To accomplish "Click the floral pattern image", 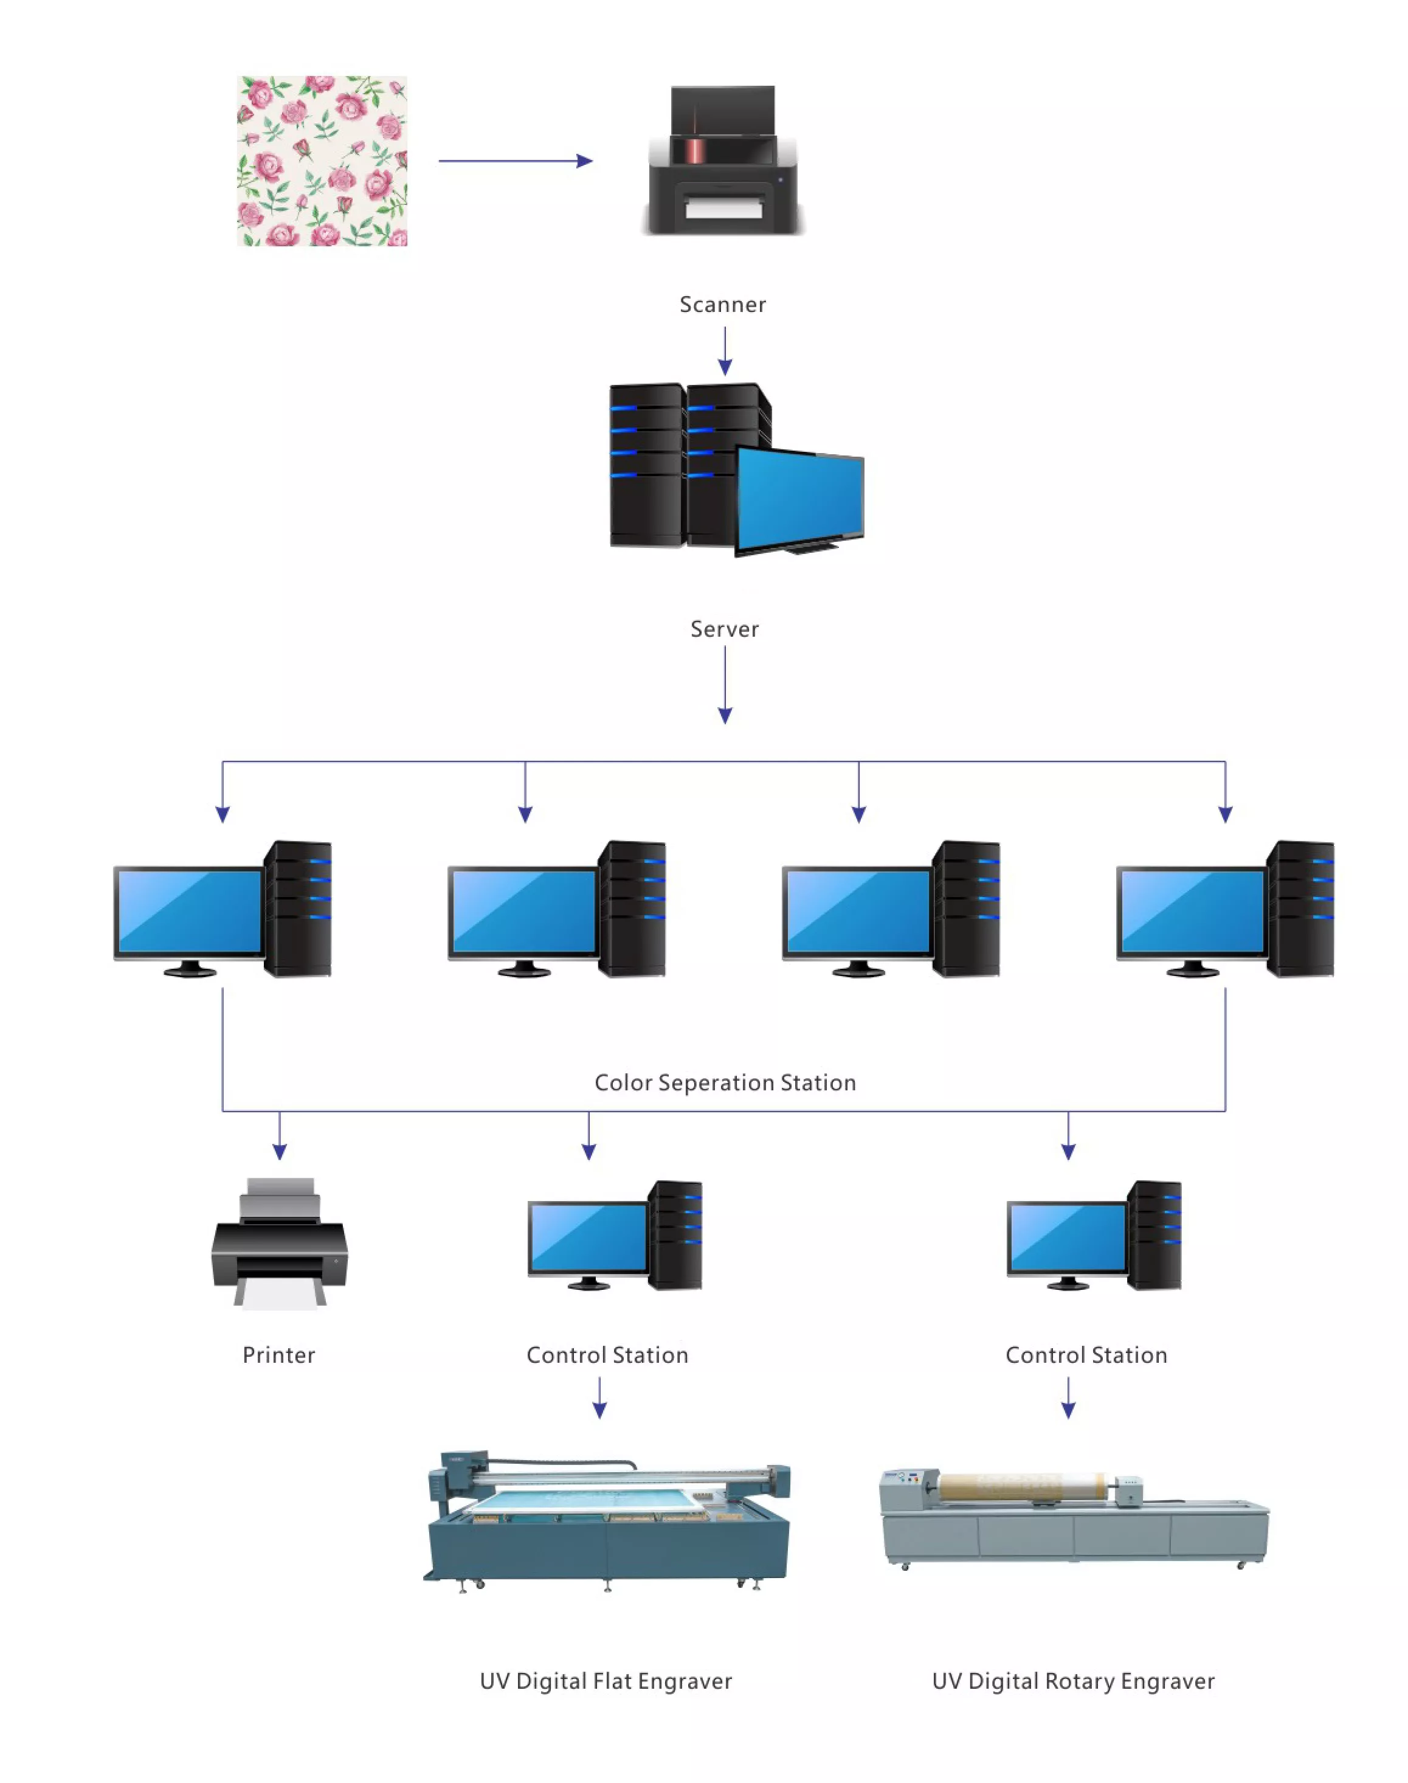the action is (322, 161).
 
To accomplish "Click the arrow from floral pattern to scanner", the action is (516, 161).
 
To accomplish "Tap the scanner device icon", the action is (723, 160).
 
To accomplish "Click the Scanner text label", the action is (723, 304).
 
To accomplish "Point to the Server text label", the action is (725, 629).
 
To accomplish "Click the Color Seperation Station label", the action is (725, 1083).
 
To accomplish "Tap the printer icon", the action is (280, 1243).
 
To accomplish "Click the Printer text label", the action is (278, 1355).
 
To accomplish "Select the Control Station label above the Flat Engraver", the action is (607, 1355).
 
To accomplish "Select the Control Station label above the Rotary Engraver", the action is (1086, 1355).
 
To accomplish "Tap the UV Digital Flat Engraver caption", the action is (606, 1681).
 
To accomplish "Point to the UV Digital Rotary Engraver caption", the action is (1073, 1681).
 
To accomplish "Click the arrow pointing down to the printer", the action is (280, 1135).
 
